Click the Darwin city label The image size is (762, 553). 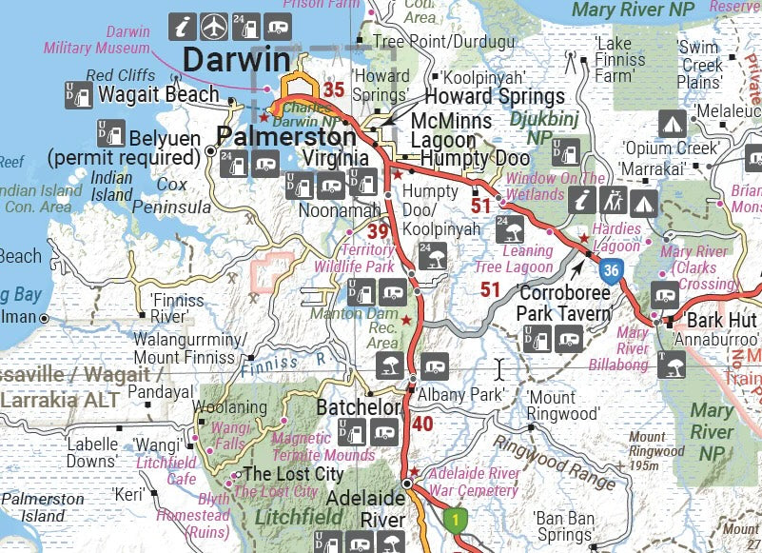[x=236, y=59]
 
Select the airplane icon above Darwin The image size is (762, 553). [x=216, y=24]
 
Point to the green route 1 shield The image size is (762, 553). [x=456, y=521]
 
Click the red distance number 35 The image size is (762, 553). [x=333, y=90]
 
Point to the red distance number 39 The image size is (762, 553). [x=378, y=231]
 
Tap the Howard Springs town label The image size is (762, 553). [x=494, y=96]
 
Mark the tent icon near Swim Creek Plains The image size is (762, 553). [x=673, y=123]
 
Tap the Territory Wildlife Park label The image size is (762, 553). [x=354, y=259]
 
